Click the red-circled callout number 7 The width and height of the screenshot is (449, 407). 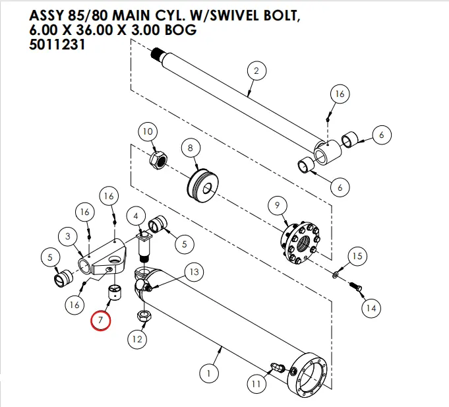[x=102, y=320]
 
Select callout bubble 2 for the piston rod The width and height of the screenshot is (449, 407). [x=256, y=71]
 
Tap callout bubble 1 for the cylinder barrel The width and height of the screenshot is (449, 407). [x=208, y=374]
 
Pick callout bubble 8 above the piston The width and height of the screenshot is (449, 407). [x=191, y=148]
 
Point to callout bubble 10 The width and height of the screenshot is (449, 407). [x=148, y=132]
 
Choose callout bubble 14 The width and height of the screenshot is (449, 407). [x=371, y=307]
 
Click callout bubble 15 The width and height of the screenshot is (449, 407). [x=355, y=255]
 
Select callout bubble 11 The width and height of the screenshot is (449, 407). [x=254, y=383]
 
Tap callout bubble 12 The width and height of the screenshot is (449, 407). [x=137, y=340]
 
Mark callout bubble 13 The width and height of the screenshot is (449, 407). [x=193, y=272]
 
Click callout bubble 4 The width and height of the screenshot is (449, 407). [x=135, y=216]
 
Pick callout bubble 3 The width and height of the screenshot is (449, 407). [x=68, y=235]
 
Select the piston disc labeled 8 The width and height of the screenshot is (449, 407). [x=202, y=183]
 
